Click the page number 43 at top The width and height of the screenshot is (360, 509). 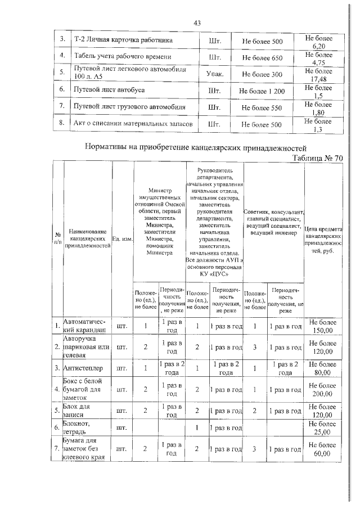(x=197, y=23)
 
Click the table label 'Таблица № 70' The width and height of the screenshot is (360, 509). (x=317, y=158)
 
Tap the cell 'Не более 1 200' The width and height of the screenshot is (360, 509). (x=262, y=91)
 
